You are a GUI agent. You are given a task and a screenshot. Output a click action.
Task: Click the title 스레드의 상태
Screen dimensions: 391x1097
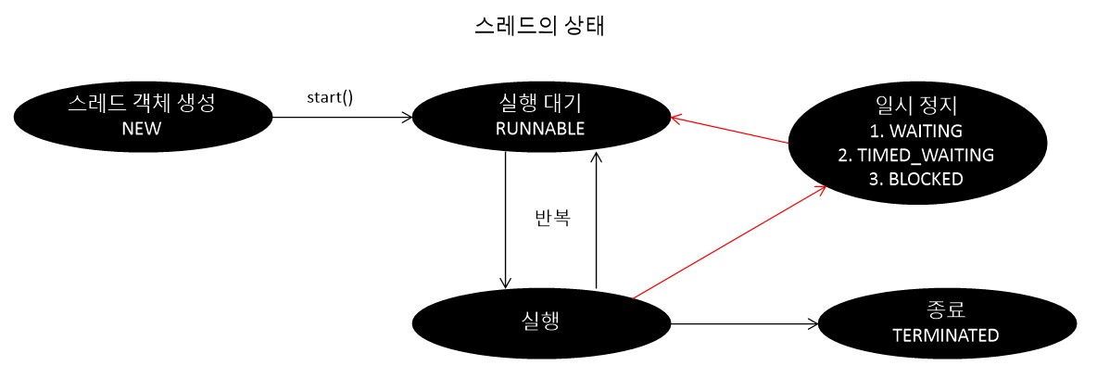[x=538, y=27]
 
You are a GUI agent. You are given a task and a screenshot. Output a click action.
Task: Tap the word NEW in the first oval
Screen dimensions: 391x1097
[x=141, y=129]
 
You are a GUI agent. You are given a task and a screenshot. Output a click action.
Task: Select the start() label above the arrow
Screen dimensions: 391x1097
[x=330, y=97]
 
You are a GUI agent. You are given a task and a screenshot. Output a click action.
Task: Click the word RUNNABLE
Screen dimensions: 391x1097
[x=540, y=129]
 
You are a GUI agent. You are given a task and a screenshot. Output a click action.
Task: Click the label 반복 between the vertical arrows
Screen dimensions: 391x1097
[x=552, y=219]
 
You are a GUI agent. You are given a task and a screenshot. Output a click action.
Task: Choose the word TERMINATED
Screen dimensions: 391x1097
[x=946, y=335]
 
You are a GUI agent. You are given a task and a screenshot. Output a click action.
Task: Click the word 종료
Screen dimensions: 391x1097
[x=946, y=309]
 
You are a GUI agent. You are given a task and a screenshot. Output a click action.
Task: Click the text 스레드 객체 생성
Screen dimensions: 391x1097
[x=141, y=103]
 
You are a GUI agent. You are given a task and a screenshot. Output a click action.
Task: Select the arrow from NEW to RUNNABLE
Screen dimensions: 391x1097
[x=343, y=118]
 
